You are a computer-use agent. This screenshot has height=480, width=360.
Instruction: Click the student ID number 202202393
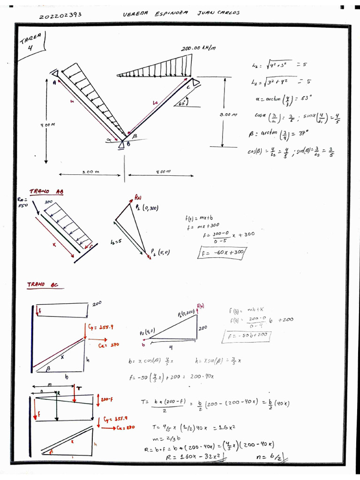[x=60, y=15]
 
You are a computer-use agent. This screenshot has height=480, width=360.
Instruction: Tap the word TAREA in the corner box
[x=31, y=38]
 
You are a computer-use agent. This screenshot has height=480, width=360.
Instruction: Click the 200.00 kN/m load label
[x=198, y=49]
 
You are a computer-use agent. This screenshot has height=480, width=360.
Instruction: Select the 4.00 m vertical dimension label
[x=48, y=125]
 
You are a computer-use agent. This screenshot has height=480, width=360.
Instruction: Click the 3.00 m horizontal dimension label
[x=90, y=172]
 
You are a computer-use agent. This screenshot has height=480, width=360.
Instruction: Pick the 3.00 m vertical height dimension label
[x=228, y=114]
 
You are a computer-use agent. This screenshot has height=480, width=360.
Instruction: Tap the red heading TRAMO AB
[x=46, y=191]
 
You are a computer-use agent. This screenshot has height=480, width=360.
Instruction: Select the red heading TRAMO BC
[x=43, y=285]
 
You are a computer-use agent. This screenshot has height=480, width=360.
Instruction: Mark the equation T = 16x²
[x=186, y=427]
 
